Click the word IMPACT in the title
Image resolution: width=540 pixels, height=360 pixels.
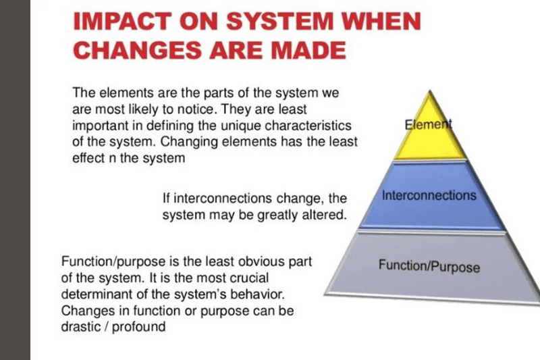point(122,21)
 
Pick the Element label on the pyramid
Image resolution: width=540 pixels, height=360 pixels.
point(428,124)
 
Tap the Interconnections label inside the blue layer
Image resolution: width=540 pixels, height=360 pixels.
point(429,195)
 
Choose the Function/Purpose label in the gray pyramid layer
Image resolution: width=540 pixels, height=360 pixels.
point(429,266)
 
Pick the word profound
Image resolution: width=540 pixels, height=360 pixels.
point(139,327)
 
